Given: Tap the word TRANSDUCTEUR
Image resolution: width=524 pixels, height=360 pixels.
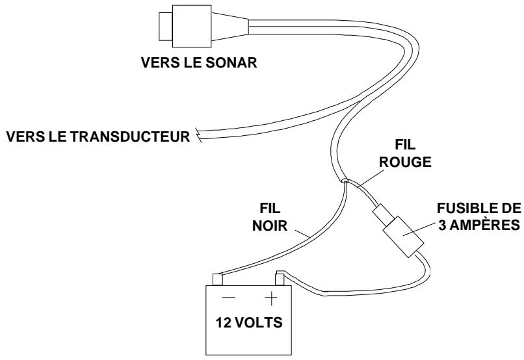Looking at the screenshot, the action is tap(131, 137).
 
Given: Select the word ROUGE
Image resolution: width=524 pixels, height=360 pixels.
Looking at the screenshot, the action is tap(405, 162).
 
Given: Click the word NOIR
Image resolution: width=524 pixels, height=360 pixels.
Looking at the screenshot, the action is tap(270, 225).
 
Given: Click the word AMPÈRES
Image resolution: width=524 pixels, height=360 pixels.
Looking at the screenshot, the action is tap(484, 225).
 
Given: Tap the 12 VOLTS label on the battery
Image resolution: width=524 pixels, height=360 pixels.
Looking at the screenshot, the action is tap(249, 322).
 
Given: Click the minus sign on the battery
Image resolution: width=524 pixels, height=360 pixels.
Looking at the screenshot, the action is tap(228, 297).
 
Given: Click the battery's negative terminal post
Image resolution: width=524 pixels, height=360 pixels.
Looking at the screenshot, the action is tap(218, 279).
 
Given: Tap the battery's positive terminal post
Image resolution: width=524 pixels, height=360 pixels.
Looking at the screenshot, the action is tap(280, 279).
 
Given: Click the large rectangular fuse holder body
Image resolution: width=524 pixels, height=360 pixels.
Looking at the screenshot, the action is tap(403, 237).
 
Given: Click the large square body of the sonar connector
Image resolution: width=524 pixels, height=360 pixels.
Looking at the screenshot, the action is tap(192, 27).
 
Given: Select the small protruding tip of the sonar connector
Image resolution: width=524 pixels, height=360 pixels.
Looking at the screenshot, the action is tap(165, 27).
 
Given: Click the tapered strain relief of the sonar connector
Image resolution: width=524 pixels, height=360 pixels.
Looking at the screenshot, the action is tap(230, 27).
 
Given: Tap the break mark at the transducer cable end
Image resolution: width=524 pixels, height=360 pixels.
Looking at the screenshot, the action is tap(199, 135).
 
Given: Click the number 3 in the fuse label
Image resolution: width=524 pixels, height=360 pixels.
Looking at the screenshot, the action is tap(442, 225).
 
